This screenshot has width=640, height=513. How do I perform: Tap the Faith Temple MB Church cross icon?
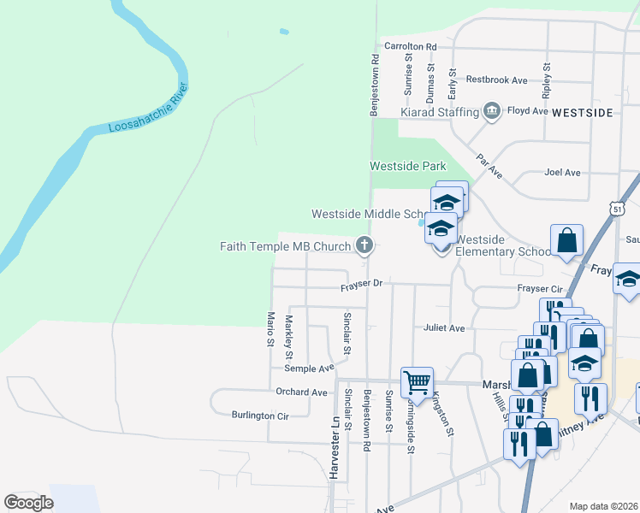point(364,246)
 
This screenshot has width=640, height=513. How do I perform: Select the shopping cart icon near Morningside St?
point(417,380)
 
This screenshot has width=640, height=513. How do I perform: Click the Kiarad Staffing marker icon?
point(492,111)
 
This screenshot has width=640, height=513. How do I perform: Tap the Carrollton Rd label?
point(411,46)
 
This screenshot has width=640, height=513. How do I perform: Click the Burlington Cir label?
point(260,416)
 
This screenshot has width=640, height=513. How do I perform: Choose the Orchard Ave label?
point(301,392)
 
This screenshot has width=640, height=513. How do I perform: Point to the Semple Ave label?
point(309,369)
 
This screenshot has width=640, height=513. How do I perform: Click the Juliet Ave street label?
point(443,327)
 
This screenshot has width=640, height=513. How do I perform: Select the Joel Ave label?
point(562,173)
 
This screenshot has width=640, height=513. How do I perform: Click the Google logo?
point(28,503)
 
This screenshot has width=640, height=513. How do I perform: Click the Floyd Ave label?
point(528,111)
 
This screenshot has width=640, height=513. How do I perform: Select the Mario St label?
point(269,327)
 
